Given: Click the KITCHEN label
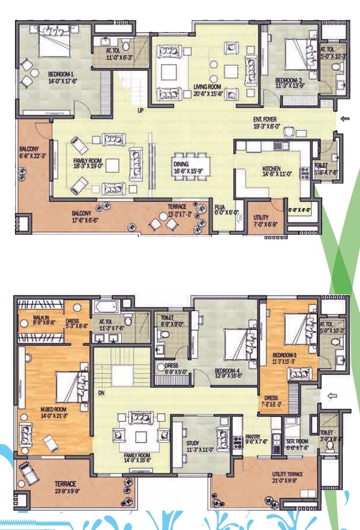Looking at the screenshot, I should pos(271,169).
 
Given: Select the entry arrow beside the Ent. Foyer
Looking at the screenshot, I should pos(345,119).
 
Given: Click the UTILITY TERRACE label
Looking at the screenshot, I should pos(287,474).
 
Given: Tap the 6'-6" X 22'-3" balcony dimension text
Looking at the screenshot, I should pos(33,158).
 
